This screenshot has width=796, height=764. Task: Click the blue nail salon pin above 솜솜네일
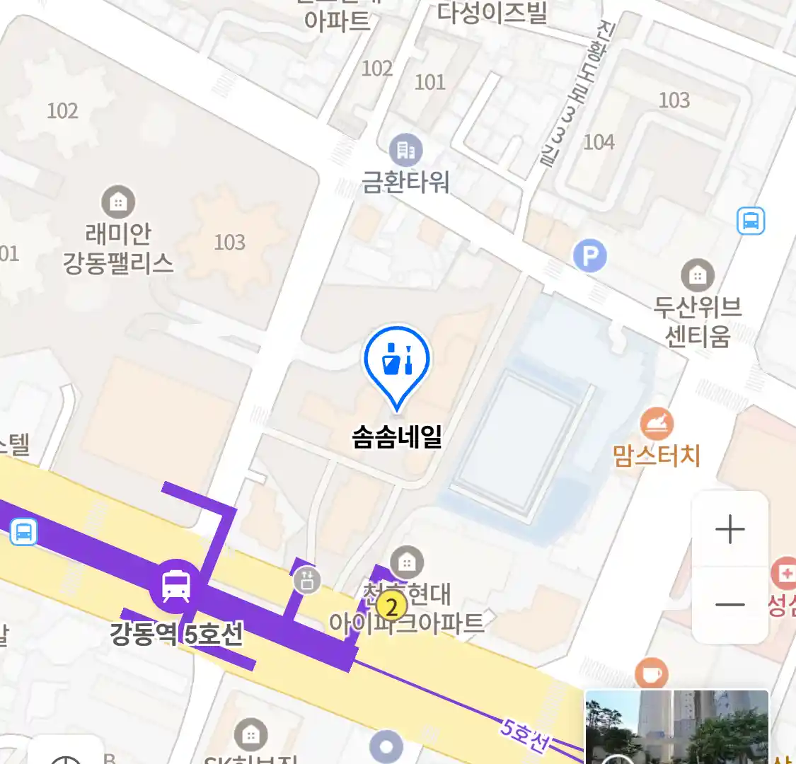[x=397, y=361]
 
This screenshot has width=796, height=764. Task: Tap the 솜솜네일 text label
[x=397, y=437]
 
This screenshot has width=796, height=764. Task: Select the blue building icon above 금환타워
[x=405, y=150]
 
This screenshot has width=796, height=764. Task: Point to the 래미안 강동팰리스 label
[x=118, y=248]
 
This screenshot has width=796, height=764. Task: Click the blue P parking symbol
[x=590, y=255]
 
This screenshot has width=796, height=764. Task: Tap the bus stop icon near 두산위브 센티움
[x=751, y=221]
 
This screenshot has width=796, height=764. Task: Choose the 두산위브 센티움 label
[x=697, y=321]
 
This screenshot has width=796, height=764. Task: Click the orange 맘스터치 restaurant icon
[x=657, y=423]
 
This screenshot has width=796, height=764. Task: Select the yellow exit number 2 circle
[x=391, y=606]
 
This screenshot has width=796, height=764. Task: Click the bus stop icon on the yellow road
[x=23, y=531]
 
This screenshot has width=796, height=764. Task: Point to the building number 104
[x=599, y=142]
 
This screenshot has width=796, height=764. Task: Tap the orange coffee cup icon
[x=651, y=673]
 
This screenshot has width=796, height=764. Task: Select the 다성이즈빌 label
[x=492, y=13]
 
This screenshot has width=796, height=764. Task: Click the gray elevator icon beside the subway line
[x=307, y=580]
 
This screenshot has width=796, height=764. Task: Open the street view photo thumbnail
[x=676, y=727]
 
